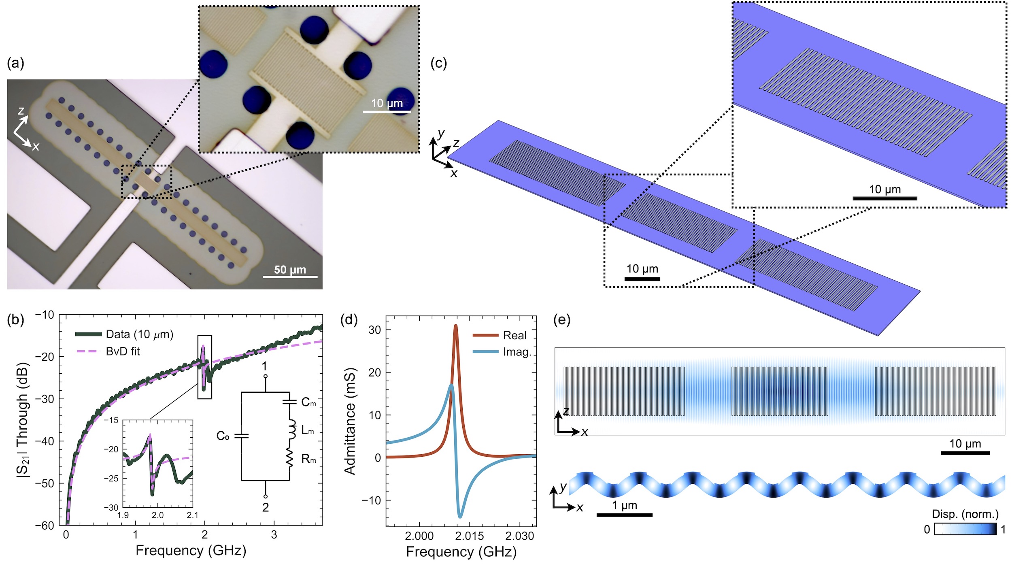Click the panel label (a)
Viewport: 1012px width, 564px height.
point(15,64)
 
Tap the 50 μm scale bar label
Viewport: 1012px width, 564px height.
point(290,270)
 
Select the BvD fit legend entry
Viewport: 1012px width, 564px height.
point(123,351)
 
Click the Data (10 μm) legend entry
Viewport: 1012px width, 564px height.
point(139,334)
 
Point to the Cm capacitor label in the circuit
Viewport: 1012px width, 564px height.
point(308,402)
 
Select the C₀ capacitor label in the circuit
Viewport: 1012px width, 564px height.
point(223,436)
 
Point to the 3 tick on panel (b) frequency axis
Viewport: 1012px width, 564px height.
point(274,534)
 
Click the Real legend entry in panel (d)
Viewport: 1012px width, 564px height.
point(515,335)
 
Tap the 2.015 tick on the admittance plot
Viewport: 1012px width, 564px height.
point(470,536)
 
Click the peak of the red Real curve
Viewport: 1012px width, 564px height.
point(456,325)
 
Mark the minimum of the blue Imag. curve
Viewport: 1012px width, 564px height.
point(460,517)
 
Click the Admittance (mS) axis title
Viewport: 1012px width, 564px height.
point(350,421)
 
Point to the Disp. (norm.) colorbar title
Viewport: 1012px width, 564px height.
point(965,514)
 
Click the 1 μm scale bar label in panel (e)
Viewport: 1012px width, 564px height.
point(625,505)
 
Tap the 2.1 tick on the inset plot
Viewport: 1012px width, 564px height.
point(192,515)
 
